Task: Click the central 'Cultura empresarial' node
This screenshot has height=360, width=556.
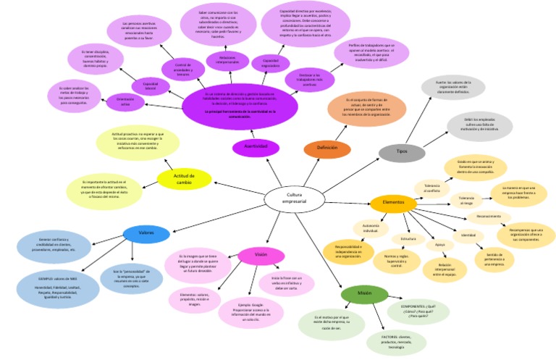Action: [x=294, y=198]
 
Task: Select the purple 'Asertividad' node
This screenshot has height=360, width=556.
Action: [x=256, y=147]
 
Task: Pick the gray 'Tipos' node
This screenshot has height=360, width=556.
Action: [x=402, y=151]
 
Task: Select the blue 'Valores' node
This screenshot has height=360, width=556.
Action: [x=146, y=233]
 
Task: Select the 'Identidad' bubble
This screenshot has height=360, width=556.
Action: [x=468, y=235]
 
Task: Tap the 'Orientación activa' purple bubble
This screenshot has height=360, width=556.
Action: [x=125, y=101]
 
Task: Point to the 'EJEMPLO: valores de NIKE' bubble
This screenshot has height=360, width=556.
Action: [x=57, y=285]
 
